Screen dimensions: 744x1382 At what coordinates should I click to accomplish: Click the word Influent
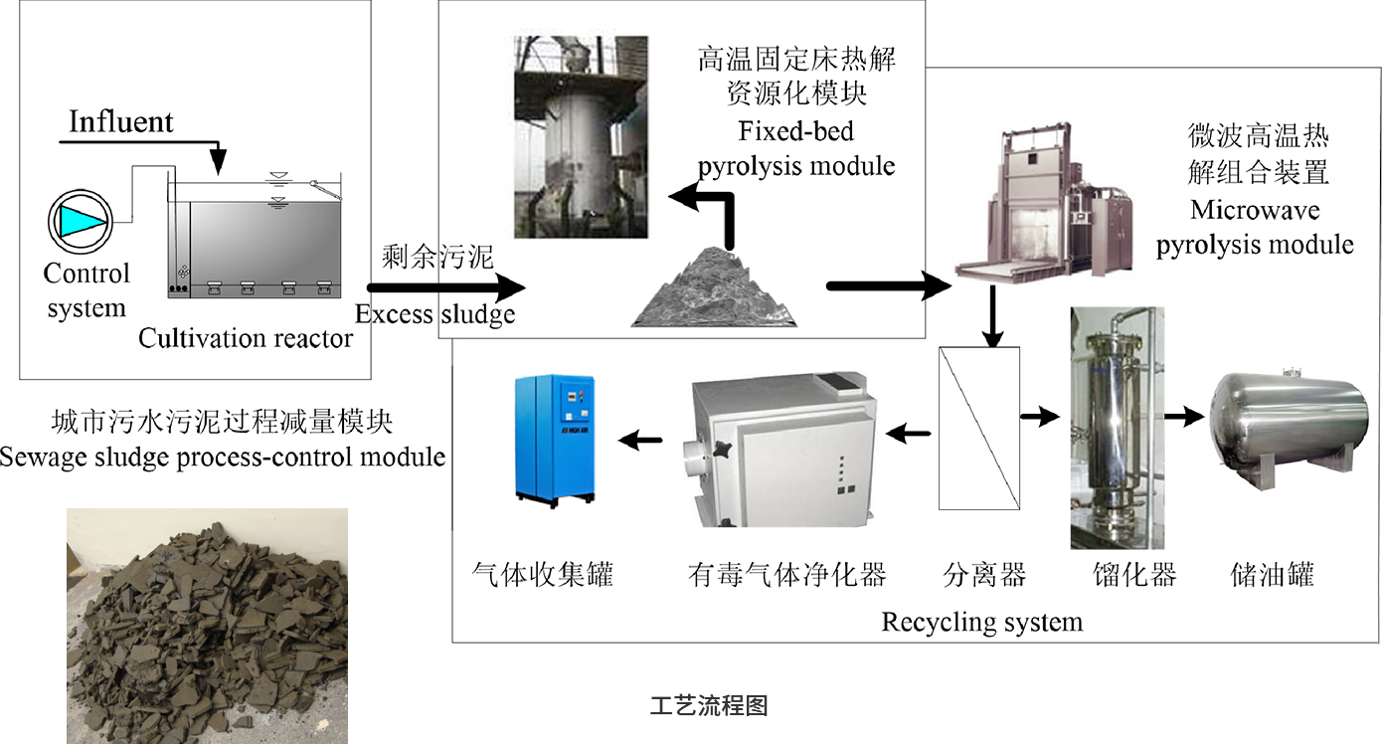click(121, 122)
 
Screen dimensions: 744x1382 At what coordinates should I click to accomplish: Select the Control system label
click(86, 290)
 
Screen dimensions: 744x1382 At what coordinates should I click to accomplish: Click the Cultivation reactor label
click(246, 338)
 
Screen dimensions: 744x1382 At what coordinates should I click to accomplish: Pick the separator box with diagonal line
click(980, 428)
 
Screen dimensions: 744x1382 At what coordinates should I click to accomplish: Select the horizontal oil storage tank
click(1289, 418)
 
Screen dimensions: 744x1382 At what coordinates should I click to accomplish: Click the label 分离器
click(984, 575)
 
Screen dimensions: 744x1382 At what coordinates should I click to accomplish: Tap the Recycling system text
click(981, 623)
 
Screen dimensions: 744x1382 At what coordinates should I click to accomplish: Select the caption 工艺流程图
click(709, 706)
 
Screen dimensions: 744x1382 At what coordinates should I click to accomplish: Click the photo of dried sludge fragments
click(207, 626)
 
